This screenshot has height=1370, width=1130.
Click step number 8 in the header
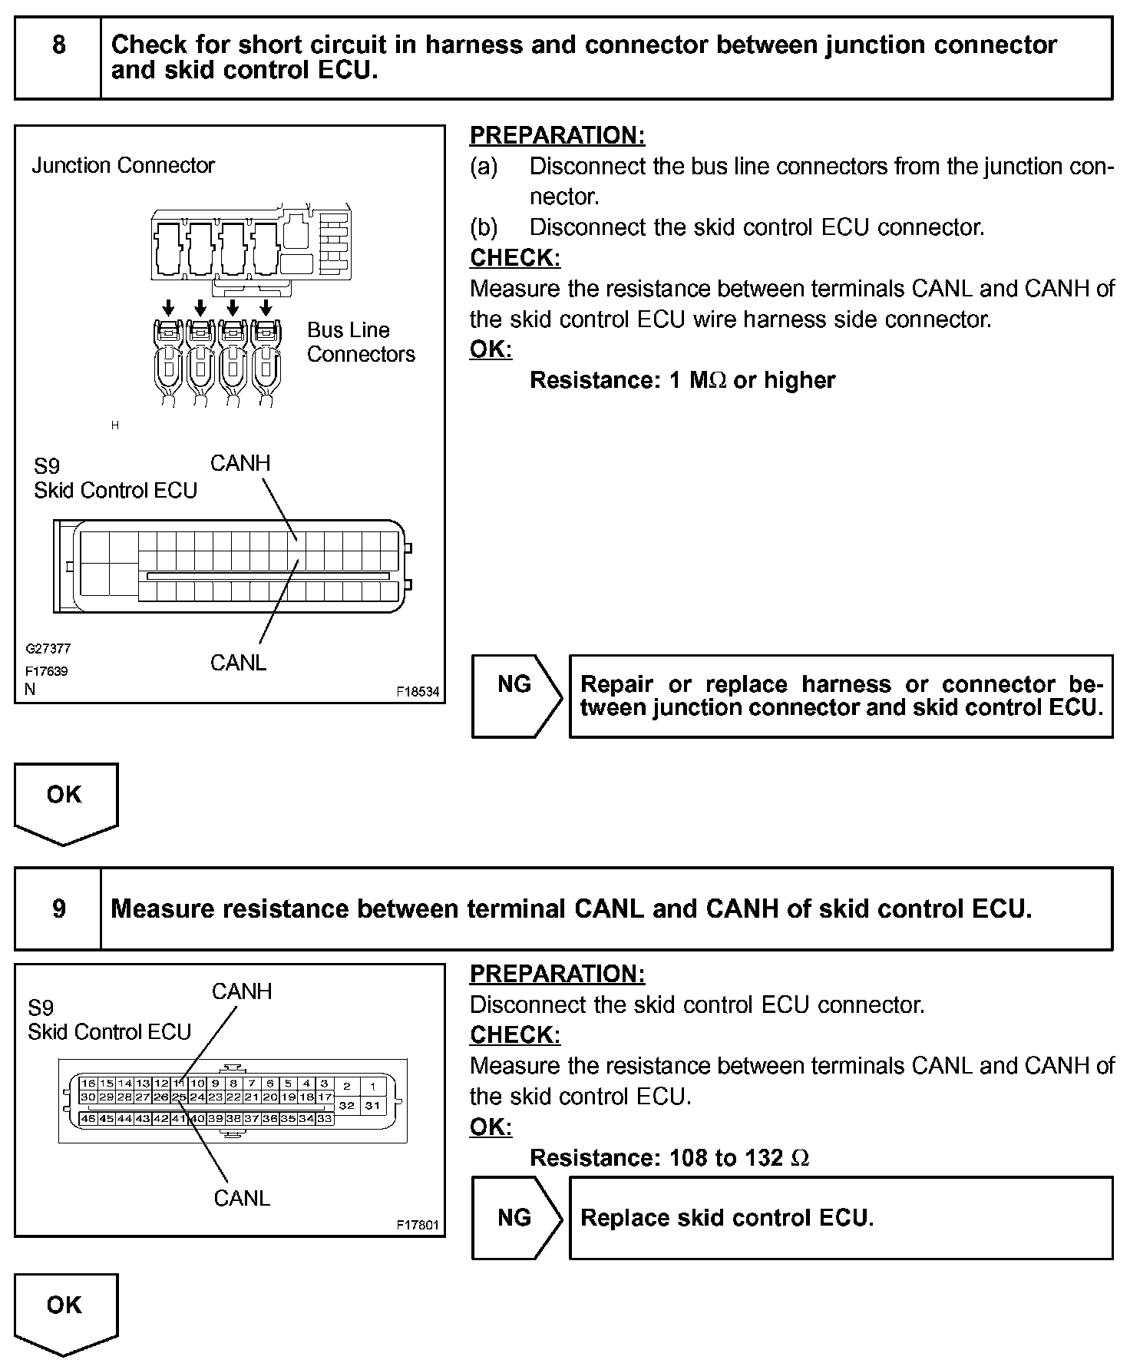click(x=59, y=45)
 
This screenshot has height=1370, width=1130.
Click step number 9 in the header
click(x=59, y=909)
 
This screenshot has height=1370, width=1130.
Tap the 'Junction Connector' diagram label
click(x=123, y=165)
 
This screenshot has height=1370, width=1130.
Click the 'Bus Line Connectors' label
click(x=360, y=342)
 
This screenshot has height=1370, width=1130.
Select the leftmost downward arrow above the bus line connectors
click(x=168, y=308)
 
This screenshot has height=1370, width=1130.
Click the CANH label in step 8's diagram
click(x=240, y=463)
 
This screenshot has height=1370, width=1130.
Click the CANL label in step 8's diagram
click(x=238, y=663)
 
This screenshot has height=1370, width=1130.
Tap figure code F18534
click(x=418, y=691)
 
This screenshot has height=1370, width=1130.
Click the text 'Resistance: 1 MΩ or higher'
click(x=682, y=380)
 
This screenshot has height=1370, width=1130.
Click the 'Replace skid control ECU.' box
click(x=841, y=1218)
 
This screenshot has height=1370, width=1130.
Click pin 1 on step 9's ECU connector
click(x=373, y=1086)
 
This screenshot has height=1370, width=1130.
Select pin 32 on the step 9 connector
click(x=347, y=1105)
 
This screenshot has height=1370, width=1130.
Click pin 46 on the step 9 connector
click(x=88, y=1119)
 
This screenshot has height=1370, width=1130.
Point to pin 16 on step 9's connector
click(x=88, y=1083)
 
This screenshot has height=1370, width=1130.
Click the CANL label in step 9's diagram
click(x=242, y=1198)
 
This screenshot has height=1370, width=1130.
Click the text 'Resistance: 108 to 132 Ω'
click(x=669, y=1157)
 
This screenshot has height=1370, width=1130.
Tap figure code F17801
click(x=418, y=1225)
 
